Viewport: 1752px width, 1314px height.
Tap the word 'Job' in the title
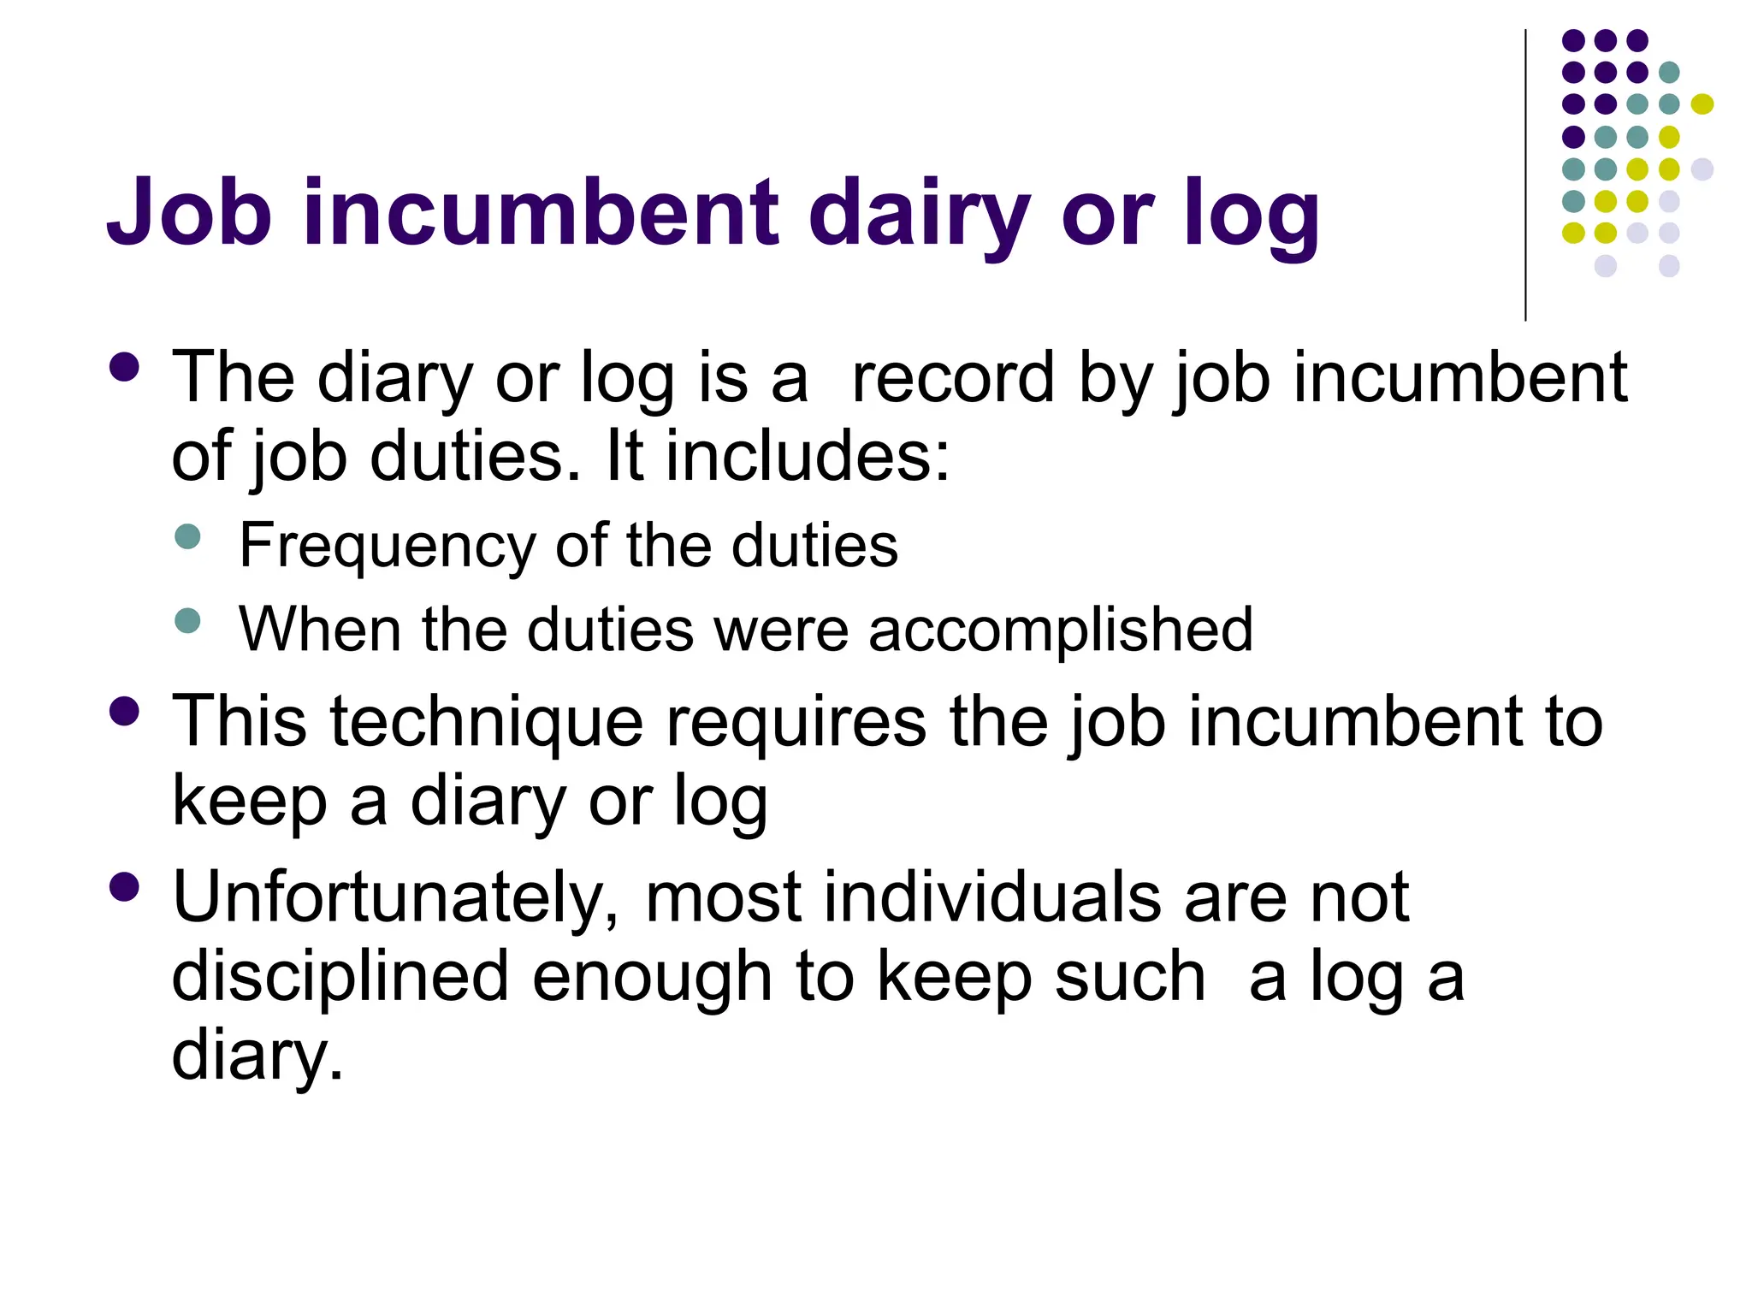point(189,212)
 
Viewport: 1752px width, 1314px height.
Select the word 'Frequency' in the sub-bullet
point(386,546)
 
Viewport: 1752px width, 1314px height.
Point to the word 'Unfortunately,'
point(396,898)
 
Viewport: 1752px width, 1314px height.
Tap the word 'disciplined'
point(340,977)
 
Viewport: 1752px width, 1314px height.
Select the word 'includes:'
point(808,455)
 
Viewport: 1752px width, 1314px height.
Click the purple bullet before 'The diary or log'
point(125,368)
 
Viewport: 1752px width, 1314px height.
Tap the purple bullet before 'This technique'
point(125,712)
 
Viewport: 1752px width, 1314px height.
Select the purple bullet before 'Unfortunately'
point(125,887)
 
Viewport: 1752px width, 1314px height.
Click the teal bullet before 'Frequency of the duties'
point(187,537)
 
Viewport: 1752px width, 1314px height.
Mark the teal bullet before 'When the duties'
point(187,620)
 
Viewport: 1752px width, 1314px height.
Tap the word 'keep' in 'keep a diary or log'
point(249,802)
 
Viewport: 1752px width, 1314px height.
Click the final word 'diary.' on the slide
point(257,1056)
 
